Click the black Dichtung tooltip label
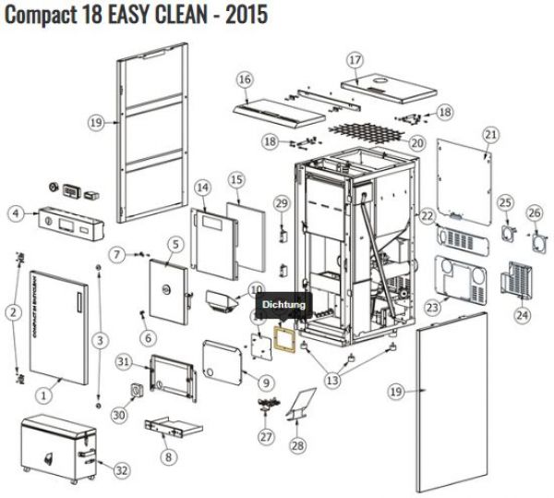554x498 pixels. coord(281,303)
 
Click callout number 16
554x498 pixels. coord(244,80)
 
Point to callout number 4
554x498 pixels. coord(15,213)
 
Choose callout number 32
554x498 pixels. coord(121,469)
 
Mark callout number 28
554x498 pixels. coord(296,446)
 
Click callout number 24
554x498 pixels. coord(523,315)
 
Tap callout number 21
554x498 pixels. coord(490,135)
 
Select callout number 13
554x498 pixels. coord(332,379)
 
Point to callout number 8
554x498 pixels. coord(167,455)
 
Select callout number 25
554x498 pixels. coord(504,202)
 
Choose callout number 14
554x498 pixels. coord(203,188)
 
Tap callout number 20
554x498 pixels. coord(416,143)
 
